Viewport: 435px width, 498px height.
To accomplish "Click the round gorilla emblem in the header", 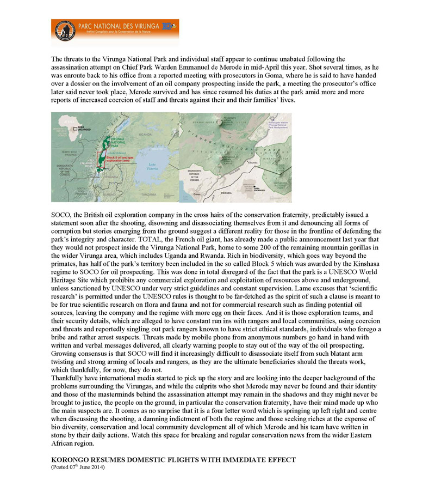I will tap(63, 32).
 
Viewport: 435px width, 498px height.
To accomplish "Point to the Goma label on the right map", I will tap(197, 194).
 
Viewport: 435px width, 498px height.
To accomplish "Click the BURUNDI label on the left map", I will tap(111, 193).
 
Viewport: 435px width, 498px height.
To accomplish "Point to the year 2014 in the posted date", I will tap(97, 467).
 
